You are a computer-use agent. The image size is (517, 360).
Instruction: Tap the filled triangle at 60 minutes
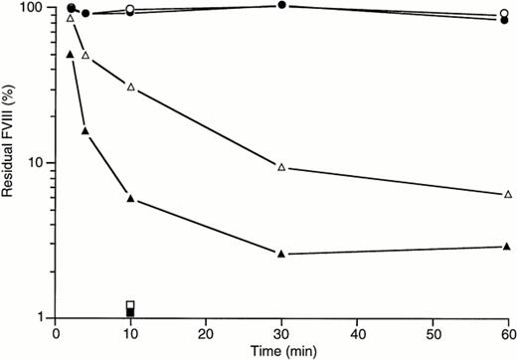[508, 247]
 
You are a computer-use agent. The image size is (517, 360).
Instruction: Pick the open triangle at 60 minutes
[508, 194]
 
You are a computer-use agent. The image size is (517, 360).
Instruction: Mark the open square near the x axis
[130, 304]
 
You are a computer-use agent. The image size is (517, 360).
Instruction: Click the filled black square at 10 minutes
[130, 313]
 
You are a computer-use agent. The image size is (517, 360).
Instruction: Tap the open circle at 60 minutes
[508, 15]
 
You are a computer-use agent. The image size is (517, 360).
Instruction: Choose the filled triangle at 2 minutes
[70, 54]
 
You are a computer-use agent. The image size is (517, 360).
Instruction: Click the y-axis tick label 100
[33, 8]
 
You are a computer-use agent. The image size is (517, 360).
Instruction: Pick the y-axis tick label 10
[37, 163]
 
